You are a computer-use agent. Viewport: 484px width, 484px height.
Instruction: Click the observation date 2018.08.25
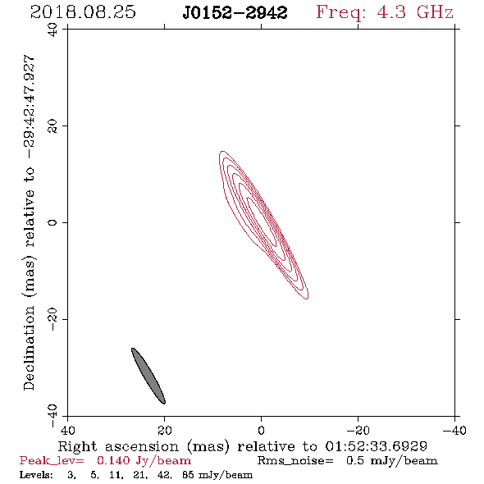point(83,12)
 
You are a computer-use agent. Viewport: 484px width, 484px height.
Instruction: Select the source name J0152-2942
point(235,12)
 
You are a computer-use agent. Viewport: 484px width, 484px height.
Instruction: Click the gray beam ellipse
point(148,376)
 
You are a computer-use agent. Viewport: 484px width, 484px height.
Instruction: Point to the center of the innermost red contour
point(262,221)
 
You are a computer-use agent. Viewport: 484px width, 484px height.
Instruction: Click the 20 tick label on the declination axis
point(53,126)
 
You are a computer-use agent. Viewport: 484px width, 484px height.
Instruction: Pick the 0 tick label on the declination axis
point(53,222)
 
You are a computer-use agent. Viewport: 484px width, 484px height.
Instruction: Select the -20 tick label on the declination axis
point(53,319)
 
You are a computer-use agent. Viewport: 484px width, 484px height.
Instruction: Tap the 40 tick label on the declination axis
point(53,30)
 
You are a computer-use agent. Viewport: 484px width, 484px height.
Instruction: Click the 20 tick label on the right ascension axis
point(164,430)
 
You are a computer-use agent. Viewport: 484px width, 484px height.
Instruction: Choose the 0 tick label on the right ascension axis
point(261,430)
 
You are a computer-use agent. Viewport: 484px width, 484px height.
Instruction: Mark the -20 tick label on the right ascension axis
point(358,430)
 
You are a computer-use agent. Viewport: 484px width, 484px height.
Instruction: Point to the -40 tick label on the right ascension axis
point(454,430)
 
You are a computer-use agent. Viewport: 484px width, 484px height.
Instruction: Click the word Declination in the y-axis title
point(29,348)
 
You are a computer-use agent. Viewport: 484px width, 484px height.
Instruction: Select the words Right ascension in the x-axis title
point(118,446)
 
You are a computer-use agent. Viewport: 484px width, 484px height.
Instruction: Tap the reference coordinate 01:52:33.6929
point(376,446)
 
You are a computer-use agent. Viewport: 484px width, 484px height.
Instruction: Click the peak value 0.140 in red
point(113,460)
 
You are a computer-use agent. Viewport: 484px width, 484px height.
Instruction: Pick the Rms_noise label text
point(295,461)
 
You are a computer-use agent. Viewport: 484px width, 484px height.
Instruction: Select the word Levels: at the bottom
point(36,474)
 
